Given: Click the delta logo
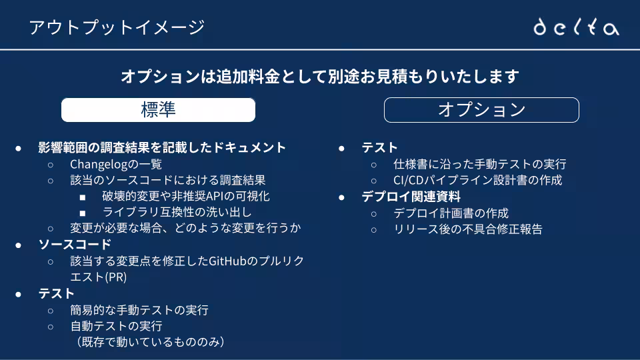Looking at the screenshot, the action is coord(576,27).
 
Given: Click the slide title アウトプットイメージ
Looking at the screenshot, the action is coord(117,27).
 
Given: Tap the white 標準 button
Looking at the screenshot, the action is coord(159,110).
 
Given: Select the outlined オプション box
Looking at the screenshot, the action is coord(481,110).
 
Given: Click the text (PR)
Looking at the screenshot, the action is coord(116,277).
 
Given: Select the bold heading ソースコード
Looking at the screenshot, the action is coord(75,245).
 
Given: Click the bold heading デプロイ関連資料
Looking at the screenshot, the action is coord(411,197).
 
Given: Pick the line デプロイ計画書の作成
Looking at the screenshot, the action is coord(451,213).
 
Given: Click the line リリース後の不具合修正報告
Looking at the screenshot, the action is coord(468,229).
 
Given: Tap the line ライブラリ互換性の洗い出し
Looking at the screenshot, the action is coord(177,212).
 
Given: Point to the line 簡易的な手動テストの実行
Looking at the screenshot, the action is coord(139,310).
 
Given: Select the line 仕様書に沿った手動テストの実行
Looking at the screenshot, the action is coord(479,164).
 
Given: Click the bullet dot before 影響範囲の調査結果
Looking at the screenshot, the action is coord(19,148).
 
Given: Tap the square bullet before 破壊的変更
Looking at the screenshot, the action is coord(83,197).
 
